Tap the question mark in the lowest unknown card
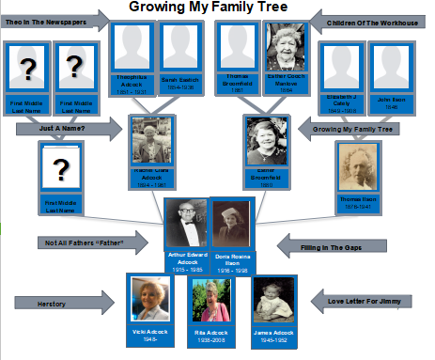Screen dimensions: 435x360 click(x=60, y=170)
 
